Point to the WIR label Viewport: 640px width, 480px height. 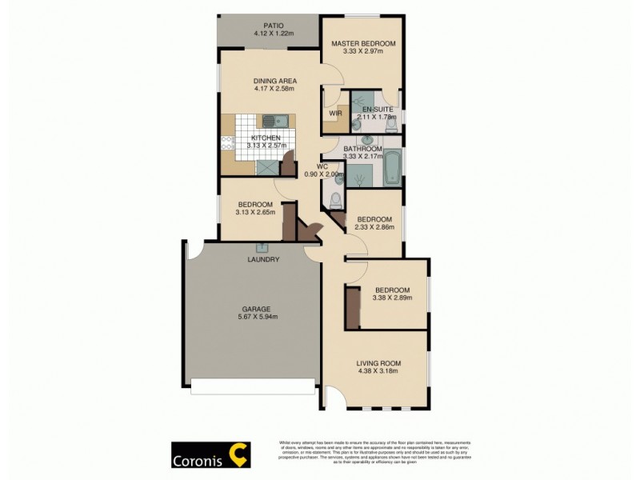336,114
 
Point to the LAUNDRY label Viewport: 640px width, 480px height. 263,260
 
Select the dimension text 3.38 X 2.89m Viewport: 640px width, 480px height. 392,298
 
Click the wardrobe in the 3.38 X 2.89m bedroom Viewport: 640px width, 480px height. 350,306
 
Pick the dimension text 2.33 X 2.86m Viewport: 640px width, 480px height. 374,228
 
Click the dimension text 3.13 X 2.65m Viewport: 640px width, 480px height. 255,213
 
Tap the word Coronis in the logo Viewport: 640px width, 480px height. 198,461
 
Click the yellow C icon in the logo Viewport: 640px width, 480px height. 238,454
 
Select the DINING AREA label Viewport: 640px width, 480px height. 275,81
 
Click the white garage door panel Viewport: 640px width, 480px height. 252,388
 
